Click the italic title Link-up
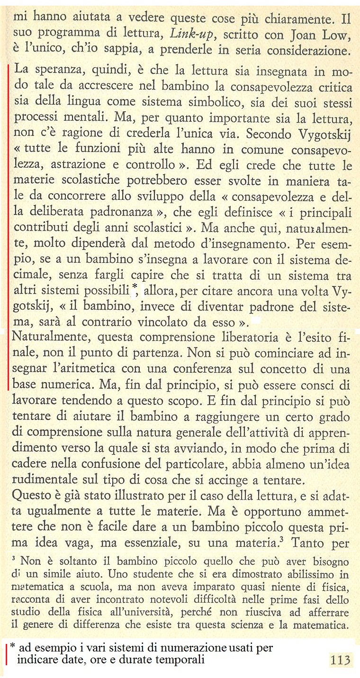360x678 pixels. pyautogui.click(x=190, y=35)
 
